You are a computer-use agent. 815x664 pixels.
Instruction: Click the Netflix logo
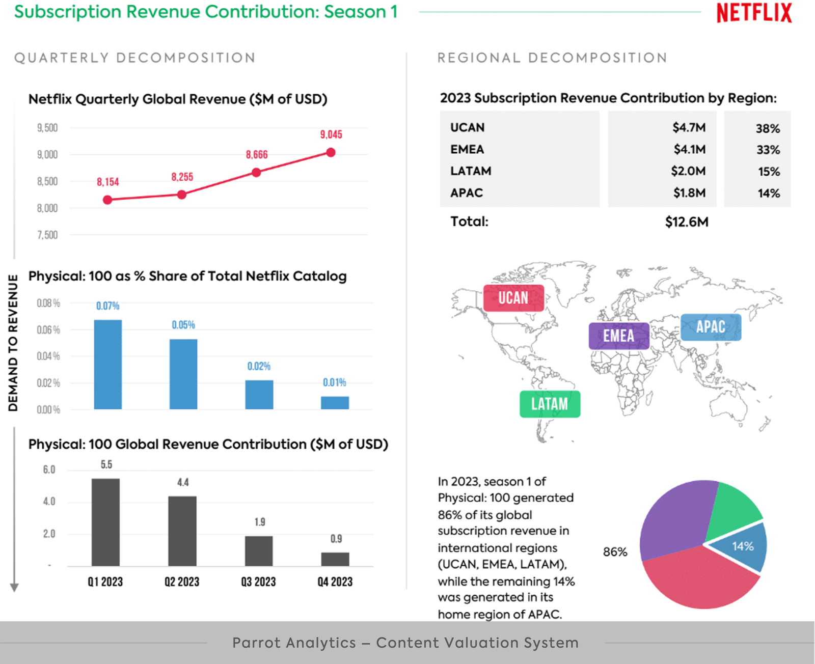[754, 13]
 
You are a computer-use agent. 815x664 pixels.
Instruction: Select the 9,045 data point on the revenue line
[331, 152]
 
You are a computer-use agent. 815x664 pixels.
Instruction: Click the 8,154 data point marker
[107, 200]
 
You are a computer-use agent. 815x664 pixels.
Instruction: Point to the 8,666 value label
[257, 155]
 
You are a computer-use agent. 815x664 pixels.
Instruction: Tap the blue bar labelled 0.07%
[108, 364]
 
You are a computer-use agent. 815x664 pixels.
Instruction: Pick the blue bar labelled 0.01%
[335, 403]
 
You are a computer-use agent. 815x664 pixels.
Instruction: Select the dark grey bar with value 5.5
[106, 522]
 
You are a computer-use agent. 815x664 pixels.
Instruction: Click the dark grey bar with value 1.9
[259, 550]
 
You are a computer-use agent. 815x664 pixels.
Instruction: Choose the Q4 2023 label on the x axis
[335, 582]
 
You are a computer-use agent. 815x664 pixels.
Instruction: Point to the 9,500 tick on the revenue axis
[47, 128]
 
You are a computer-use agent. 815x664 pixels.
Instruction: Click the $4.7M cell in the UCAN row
[689, 127]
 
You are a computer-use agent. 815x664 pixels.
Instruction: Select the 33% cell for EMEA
[768, 150]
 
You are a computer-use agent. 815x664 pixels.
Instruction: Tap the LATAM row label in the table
[471, 171]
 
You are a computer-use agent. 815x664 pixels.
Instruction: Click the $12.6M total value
[687, 222]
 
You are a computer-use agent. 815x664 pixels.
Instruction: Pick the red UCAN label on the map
[513, 298]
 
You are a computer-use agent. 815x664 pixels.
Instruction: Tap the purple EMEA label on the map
[619, 336]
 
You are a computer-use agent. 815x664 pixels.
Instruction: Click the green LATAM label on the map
[550, 404]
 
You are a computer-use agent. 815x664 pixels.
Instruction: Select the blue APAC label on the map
[711, 327]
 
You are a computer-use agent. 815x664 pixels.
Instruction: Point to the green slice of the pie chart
[731, 508]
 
